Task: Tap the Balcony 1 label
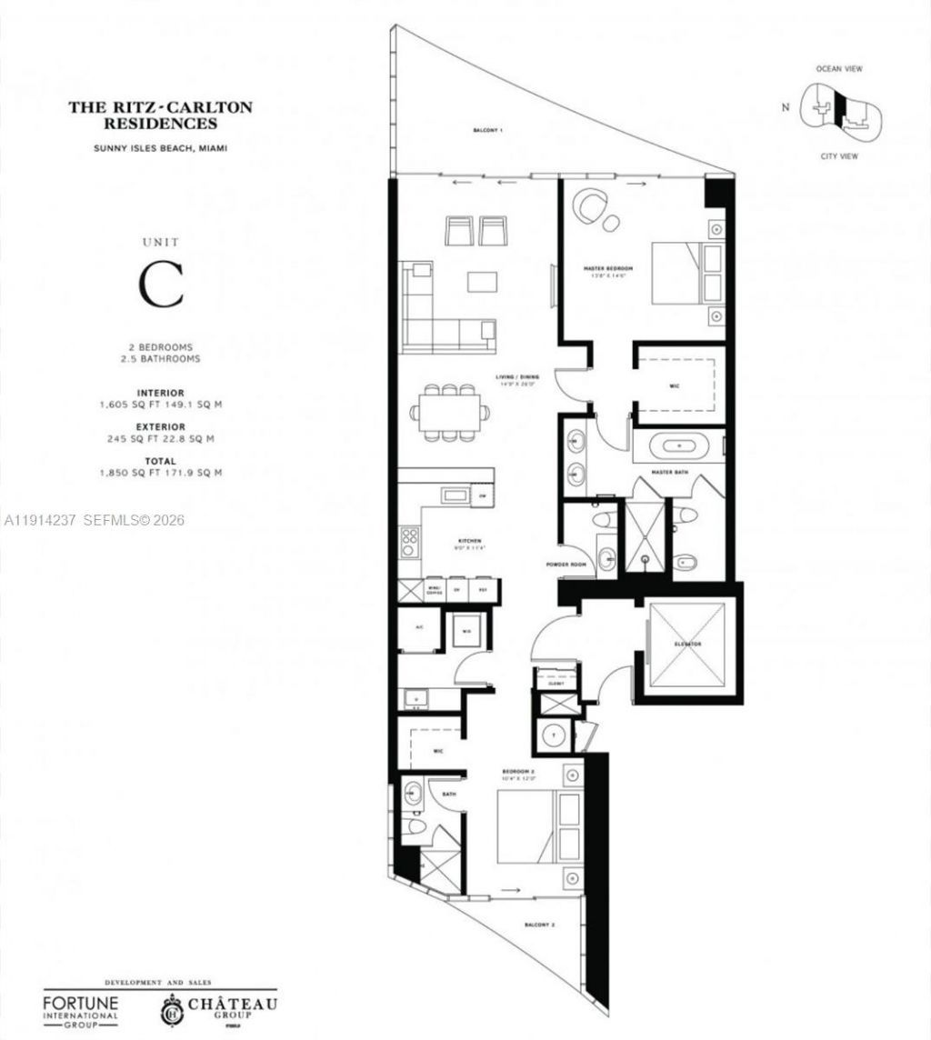(487, 131)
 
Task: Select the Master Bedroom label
(607, 269)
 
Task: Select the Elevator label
(688, 644)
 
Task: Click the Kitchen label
(468, 540)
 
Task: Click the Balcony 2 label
(539, 925)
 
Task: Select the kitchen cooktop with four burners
(408, 542)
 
